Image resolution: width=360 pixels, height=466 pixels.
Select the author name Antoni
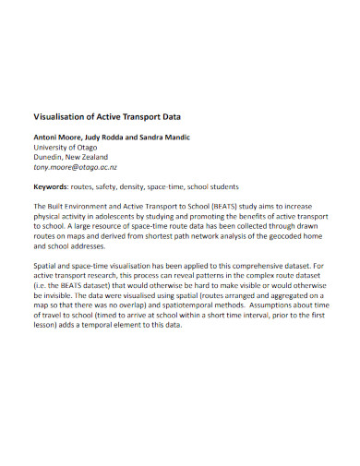coord(48,137)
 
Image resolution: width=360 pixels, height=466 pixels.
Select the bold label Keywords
coord(54,186)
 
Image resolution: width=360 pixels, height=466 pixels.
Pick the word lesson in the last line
coord(48,329)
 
